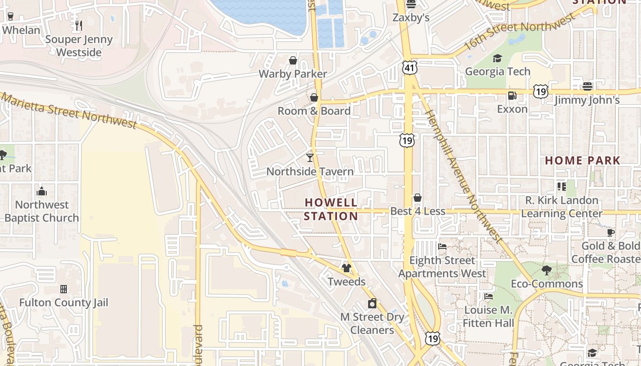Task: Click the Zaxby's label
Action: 411,18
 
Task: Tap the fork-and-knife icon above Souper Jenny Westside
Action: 79,25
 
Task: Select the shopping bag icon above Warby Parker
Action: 293,60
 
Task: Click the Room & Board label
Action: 314,111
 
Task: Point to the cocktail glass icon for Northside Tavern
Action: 310,158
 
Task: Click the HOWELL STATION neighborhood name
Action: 331,209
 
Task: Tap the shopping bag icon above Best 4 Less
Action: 418,198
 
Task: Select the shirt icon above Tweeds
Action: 347,268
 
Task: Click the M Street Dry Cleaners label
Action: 372,323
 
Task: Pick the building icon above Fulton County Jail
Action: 64,289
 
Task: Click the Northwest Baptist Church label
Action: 42,211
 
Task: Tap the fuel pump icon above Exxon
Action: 512,96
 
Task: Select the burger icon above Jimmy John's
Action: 587,86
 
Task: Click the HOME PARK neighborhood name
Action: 582,161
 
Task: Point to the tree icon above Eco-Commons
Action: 547,270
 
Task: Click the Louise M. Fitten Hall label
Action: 488,317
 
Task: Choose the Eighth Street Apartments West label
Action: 442,267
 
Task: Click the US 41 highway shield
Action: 410,68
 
